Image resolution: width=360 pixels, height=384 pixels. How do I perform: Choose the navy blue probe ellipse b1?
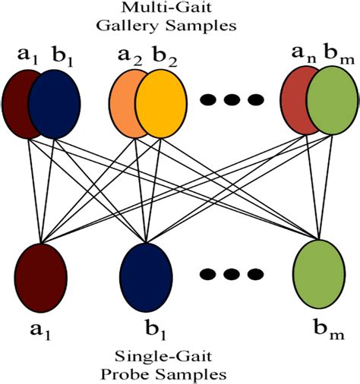click(144, 275)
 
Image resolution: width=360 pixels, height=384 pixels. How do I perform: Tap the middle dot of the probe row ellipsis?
click(228, 273)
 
